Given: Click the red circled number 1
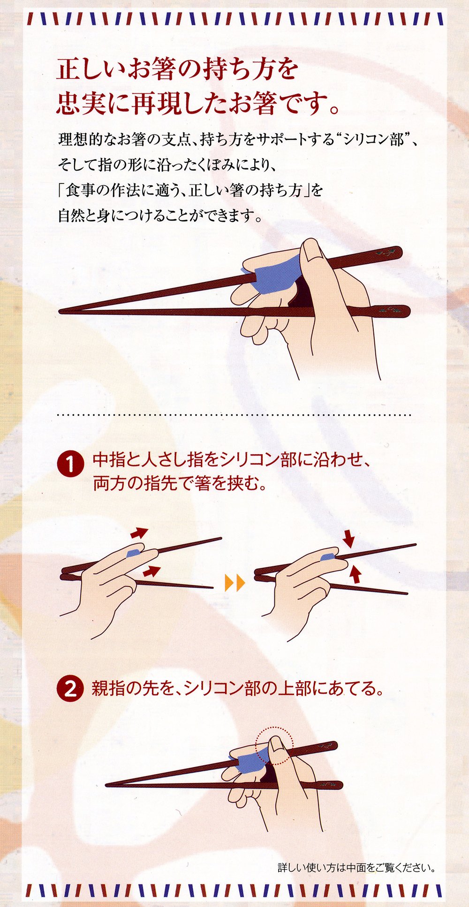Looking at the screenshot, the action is pos(70,465).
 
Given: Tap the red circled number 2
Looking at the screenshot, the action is pos(70,689).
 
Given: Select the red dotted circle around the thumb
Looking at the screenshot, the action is pos(274,746).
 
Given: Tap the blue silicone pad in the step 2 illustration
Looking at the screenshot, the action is pos(249,761).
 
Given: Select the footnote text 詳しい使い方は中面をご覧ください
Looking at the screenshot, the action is pos(356,867).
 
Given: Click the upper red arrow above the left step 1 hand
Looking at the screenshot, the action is pos(139,532).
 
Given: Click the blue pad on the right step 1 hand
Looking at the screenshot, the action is pos(328,556).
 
